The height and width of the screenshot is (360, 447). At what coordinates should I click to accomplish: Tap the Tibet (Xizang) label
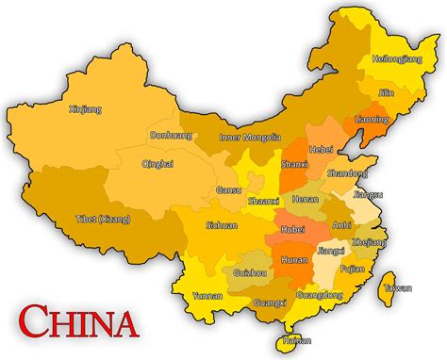(x=103, y=220)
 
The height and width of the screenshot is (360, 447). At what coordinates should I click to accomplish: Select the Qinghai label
(x=157, y=163)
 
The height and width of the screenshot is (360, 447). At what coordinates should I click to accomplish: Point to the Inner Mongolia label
(x=250, y=137)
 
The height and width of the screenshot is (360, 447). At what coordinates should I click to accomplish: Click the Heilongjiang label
(x=397, y=58)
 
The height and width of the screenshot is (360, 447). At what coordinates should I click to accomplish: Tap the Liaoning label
(x=372, y=120)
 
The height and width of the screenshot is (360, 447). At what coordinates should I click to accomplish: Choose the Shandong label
(x=348, y=173)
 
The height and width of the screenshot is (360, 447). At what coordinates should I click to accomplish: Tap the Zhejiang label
(x=369, y=242)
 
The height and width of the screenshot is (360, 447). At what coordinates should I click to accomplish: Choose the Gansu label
(x=229, y=189)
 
